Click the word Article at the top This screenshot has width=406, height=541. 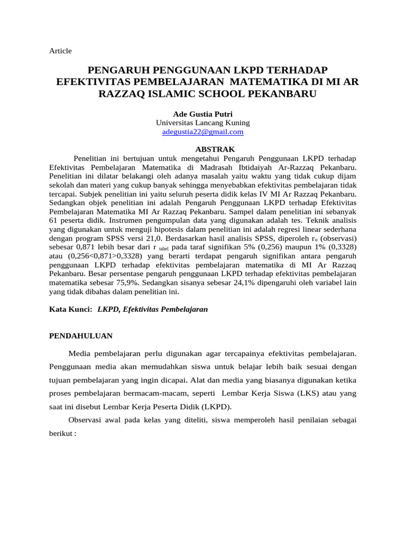pos(60,51)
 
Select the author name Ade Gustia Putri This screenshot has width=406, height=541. pos(202,114)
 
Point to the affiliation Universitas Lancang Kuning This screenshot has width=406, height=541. pos(202,123)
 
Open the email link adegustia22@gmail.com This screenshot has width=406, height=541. pos(202,132)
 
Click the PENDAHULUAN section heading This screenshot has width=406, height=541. pos(80,335)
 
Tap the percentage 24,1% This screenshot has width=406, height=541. pos(246,283)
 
